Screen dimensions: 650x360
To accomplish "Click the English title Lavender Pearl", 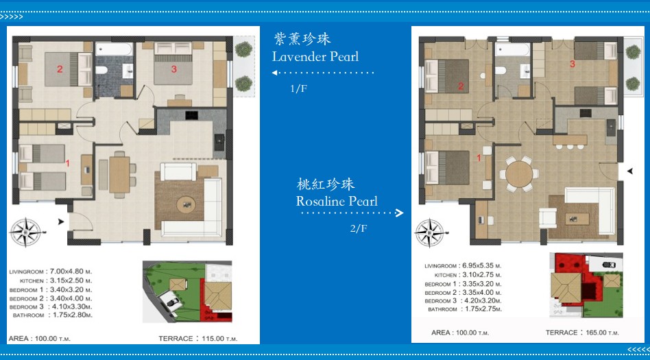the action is [x=315, y=56].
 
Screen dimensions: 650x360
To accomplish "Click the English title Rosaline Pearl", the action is [x=337, y=201].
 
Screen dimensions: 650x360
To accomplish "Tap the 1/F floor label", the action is [x=298, y=88].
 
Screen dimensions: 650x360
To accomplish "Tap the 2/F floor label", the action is [x=359, y=228].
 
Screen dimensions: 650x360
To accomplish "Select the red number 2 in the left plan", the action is [x=60, y=69].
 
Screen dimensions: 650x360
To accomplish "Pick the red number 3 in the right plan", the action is [x=573, y=64].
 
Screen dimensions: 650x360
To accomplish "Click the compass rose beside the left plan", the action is [x=26, y=232].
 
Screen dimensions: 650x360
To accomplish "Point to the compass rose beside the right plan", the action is [x=430, y=232].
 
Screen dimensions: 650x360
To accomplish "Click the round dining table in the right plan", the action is [x=519, y=174].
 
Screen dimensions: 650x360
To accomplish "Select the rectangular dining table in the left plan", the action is [x=119, y=175].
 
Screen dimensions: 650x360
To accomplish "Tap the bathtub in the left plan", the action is [x=114, y=49].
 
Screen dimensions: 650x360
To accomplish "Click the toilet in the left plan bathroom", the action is [x=101, y=70].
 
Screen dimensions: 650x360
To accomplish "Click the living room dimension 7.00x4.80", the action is [x=70, y=272].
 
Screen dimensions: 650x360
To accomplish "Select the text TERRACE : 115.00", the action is [x=198, y=339].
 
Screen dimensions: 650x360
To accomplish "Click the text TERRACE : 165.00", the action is [x=582, y=333].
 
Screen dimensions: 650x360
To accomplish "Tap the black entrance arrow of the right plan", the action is [x=630, y=171].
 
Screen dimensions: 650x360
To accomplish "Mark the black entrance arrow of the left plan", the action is [x=61, y=222].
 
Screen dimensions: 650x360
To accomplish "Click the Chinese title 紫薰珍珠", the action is [x=302, y=39].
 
